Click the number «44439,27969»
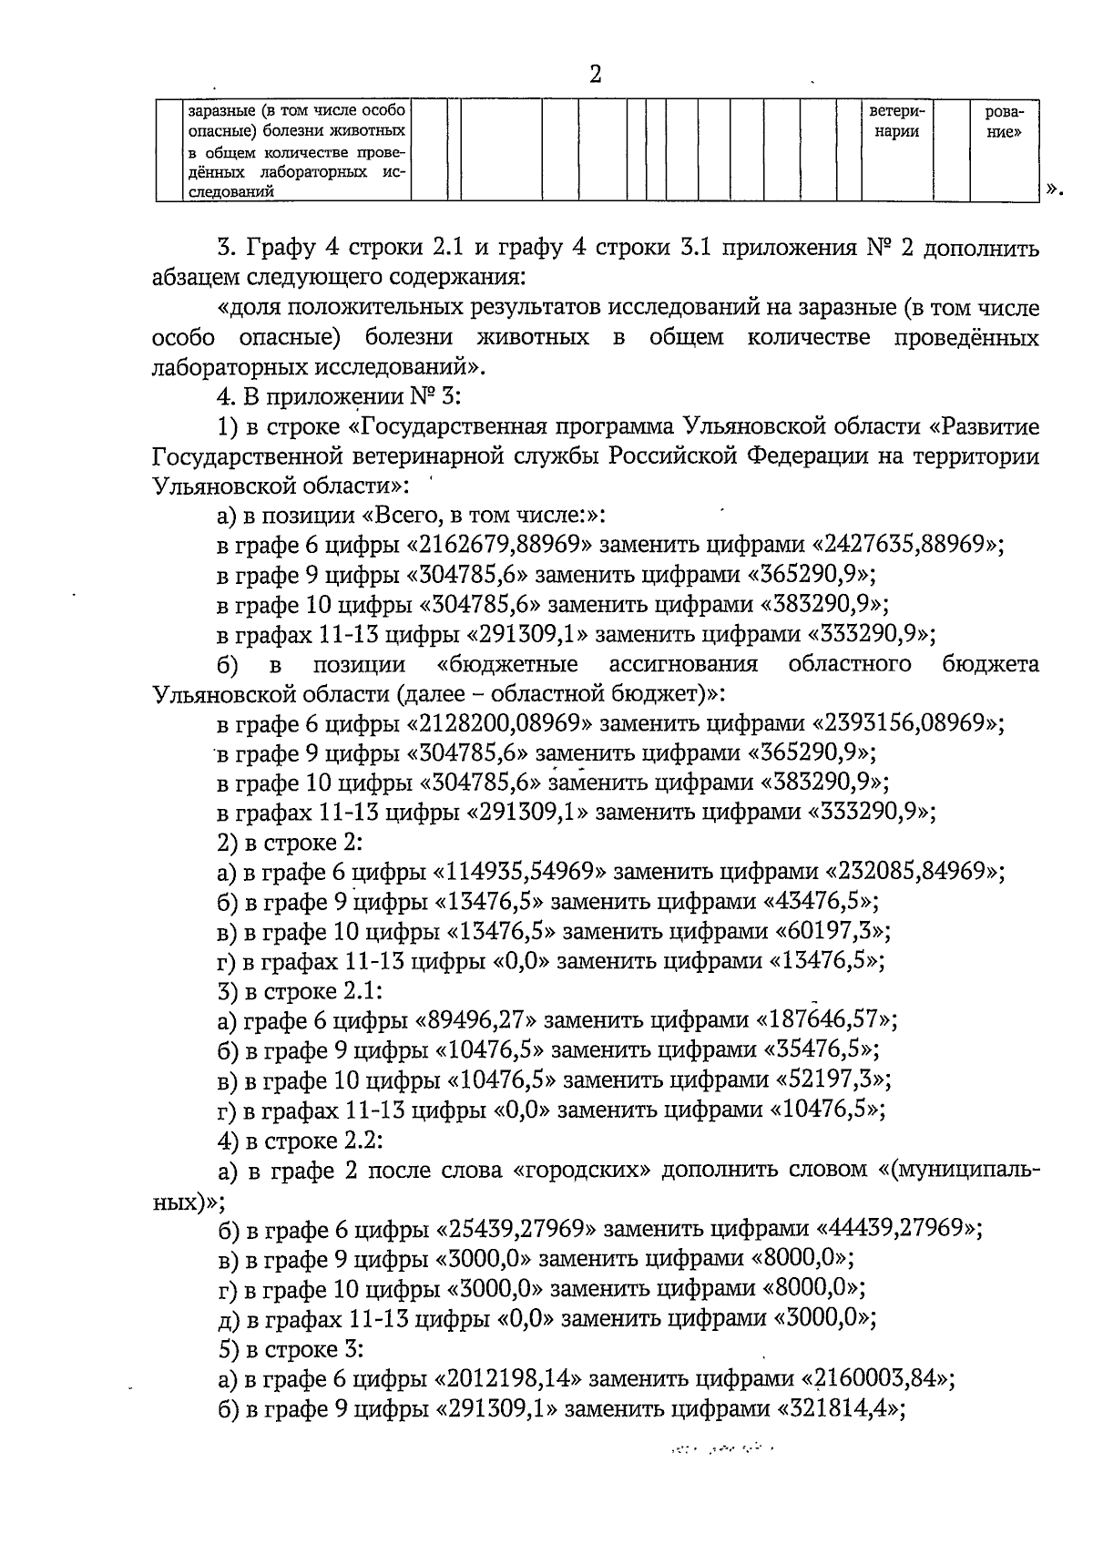tap(891, 1229)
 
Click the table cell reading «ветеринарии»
tap(896, 122)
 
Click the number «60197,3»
tap(831, 932)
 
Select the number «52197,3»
tap(831, 1080)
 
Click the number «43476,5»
tap(819, 902)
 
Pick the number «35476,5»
tap(819, 1050)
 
